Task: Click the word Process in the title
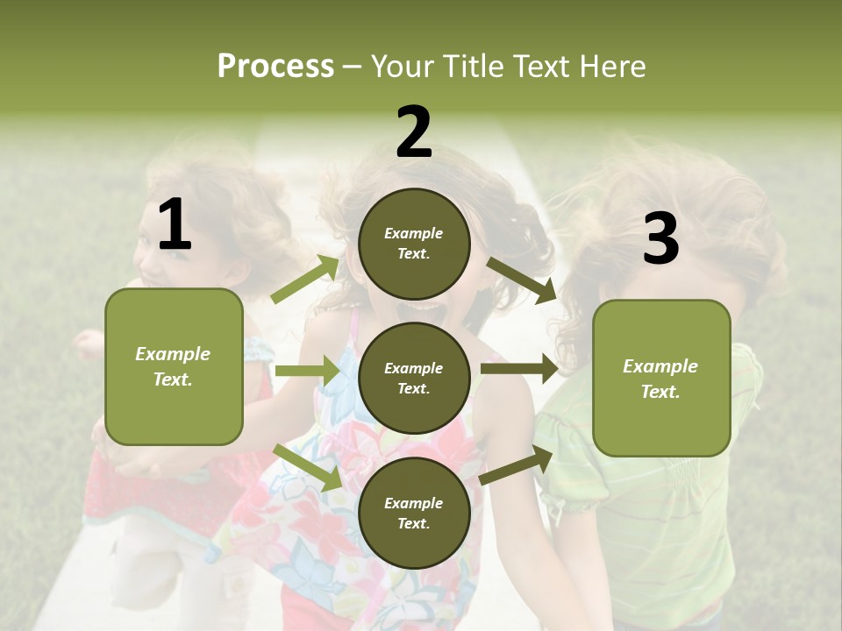click(275, 67)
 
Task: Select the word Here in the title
click(610, 67)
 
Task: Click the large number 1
click(175, 225)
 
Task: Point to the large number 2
click(414, 132)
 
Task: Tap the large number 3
click(660, 238)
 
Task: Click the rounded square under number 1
click(174, 366)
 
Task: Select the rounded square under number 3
click(661, 379)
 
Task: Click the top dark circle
click(414, 244)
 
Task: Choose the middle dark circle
click(414, 378)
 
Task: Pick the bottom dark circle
click(414, 513)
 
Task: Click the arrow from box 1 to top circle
click(305, 280)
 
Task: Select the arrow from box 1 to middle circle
click(306, 372)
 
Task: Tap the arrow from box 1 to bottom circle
click(306, 466)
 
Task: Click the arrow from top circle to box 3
click(522, 280)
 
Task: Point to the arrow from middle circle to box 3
click(519, 368)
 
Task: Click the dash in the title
click(352, 67)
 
